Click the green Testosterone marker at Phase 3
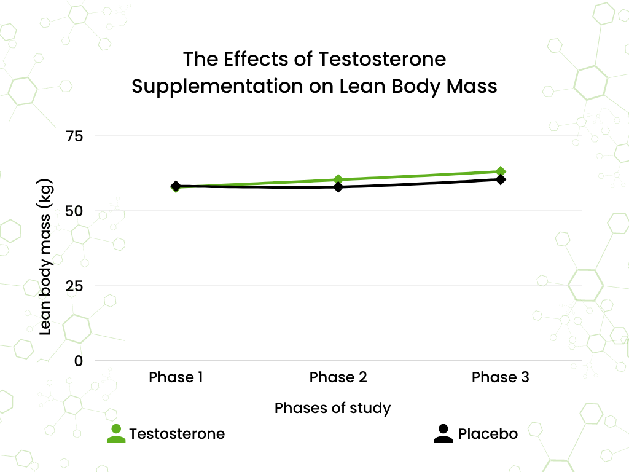click(x=501, y=171)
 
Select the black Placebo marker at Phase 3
click(x=501, y=179)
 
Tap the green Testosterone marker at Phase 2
click(x=338, y=179)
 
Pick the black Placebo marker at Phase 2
click(x=338, y=187)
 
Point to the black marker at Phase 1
click(x=176, y=186)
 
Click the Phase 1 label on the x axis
click(x=176, y=377)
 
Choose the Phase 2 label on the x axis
click(x=338, y=377)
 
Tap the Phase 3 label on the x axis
click(x=500, y=377)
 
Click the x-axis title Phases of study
click(x=332, y=408)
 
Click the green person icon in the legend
click(x=115, y=434)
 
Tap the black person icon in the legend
click(x=443, y=434)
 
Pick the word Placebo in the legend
click(x=488, y=434)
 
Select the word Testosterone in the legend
click(x=177, y=434)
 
